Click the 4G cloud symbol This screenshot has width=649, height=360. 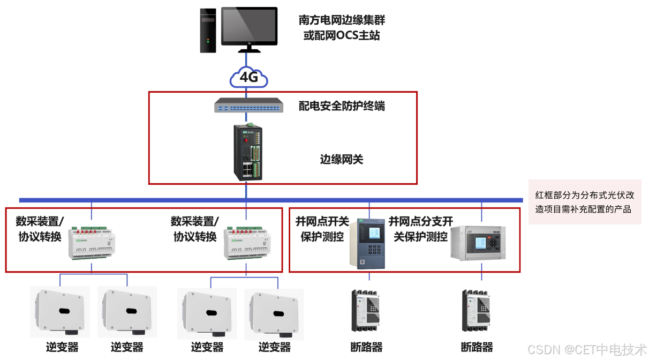pos(248,77)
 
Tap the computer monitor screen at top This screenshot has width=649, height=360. pos(249,26)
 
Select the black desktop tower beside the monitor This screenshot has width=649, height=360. pos(208,30)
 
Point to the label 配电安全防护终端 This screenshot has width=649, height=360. pos(342,106)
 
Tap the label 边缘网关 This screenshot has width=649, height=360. pos(341,159)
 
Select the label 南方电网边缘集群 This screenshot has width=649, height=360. pos(342,20)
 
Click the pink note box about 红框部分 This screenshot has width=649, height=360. pos(584,202)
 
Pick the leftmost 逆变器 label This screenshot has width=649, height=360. pos(62,347)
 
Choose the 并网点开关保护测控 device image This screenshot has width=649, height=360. pos(369,242)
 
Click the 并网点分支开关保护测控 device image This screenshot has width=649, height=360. pos(479,242)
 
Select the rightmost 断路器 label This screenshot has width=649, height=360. pos(477,347)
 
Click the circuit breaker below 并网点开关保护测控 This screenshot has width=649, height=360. pos(366,310)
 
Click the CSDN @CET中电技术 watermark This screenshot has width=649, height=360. pos(587,350)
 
